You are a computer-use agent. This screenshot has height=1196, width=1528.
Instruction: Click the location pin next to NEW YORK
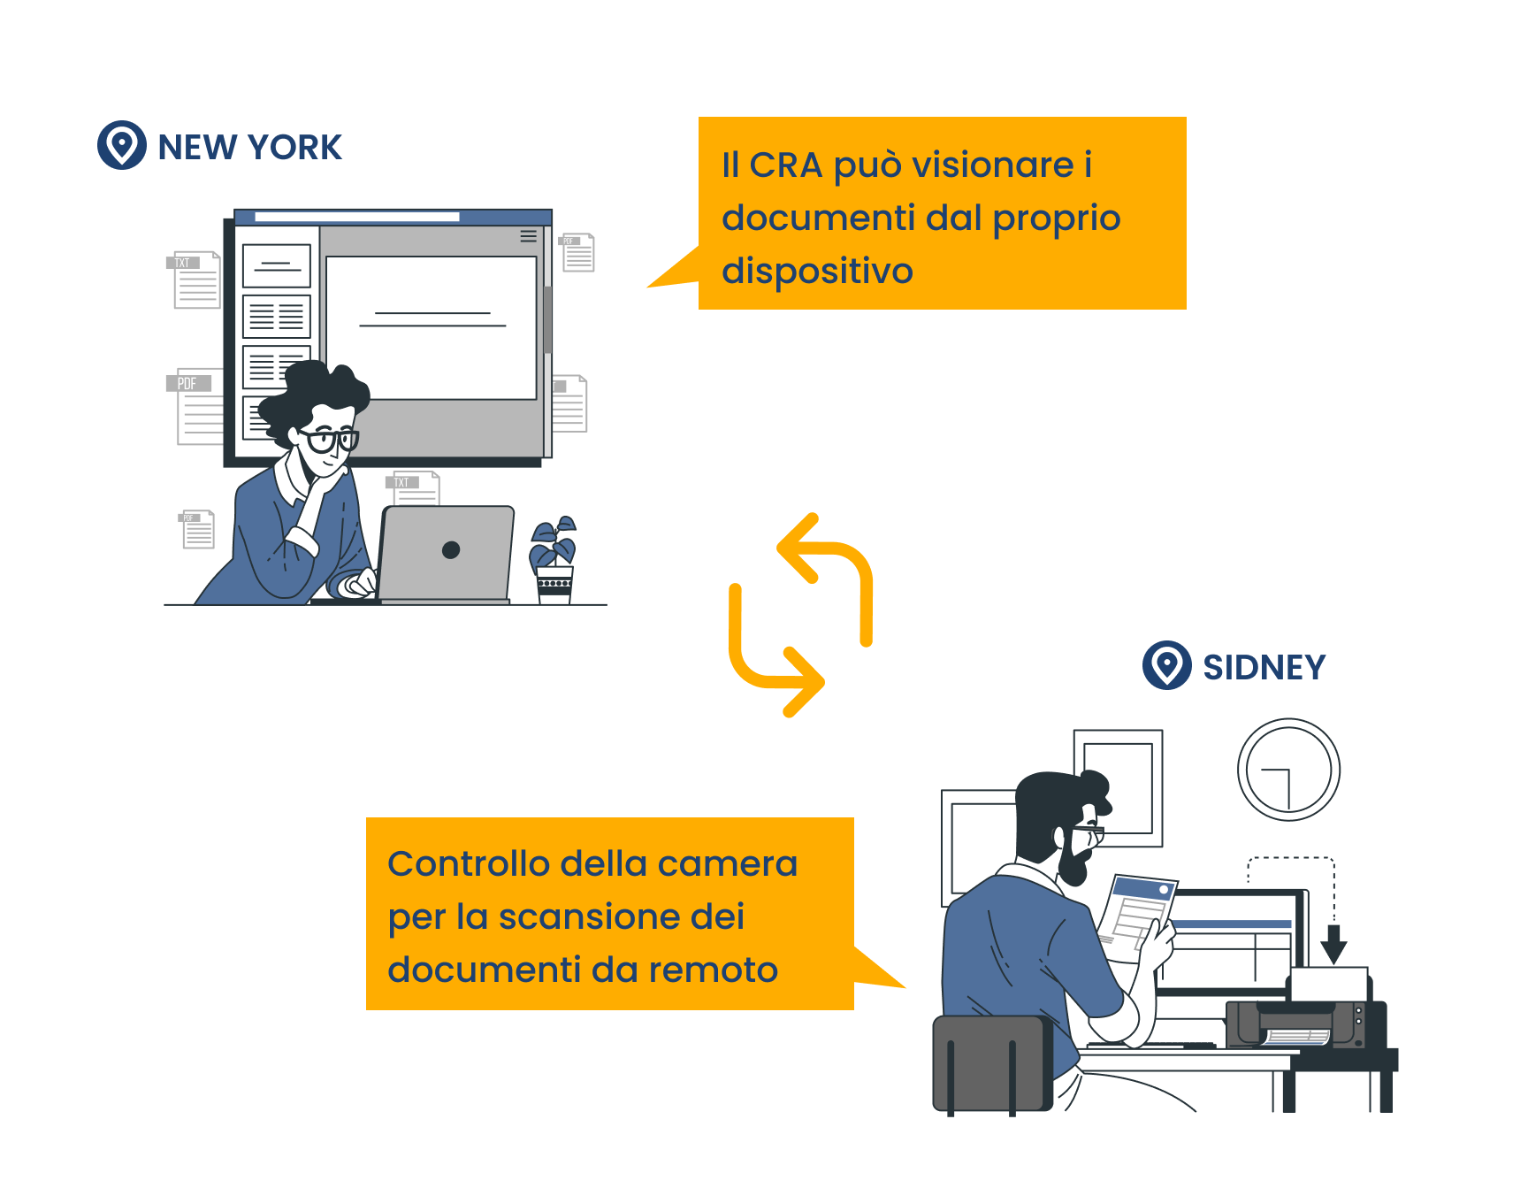tap(122, 145)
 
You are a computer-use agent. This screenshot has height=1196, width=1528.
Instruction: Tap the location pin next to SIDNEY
tap(1167, 665)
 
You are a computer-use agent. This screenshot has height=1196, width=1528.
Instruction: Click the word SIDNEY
tap(1264, 667)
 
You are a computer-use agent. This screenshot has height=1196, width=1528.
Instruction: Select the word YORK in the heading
tap(295, 147)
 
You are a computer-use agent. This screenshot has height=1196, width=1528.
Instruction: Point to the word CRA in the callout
tap(786, 165)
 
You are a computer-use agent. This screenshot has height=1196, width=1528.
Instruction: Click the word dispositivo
tap(817, 271)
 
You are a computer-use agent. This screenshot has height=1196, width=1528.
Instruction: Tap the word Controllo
tap(470, 863)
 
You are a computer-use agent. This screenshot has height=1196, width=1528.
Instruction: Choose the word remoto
tap(714, 970)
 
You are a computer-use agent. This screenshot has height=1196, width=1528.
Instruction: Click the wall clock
tap(1288, 770)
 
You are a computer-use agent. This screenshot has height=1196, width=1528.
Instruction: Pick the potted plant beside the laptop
tap(554, 560)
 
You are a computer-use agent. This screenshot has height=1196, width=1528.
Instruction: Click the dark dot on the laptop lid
tap(451, 550)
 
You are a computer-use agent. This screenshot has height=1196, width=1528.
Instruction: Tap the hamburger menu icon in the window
tap(528, 236)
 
